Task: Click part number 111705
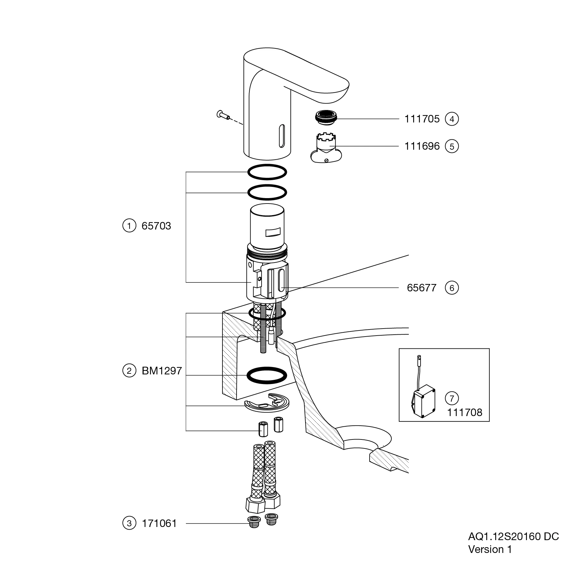tap(422, 119)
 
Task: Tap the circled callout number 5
tap(452, 146)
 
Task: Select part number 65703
tap(156, 226)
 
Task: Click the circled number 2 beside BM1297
tap(129, 371)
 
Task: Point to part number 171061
tap(159, 523)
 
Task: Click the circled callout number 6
tap(452, 288)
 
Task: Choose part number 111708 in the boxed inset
tap(464, 413)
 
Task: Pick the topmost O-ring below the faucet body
tap(267, 172)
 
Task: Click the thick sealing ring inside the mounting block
tap(267, 375)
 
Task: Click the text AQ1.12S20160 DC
tap(513, 537)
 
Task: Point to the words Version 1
tap(489, 549)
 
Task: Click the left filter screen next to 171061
tap(254, 522)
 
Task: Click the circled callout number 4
tap(452, 119)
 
